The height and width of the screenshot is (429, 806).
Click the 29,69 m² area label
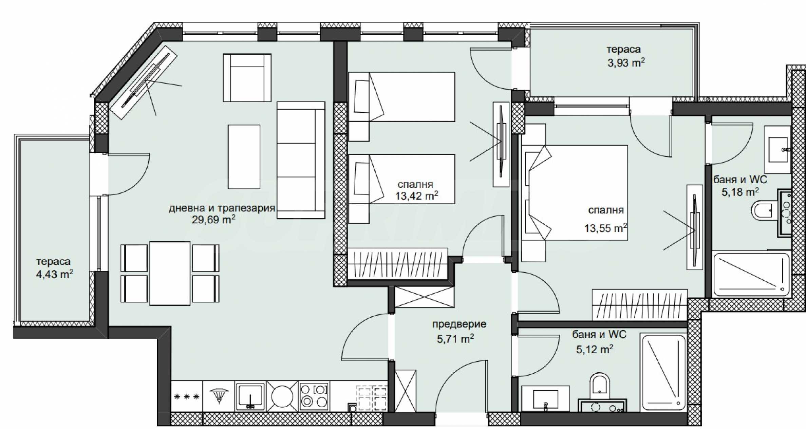[x=213, y=220]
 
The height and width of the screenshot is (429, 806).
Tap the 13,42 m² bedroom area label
[x=416, y=195]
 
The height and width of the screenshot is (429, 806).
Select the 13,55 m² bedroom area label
[x=605, y=228]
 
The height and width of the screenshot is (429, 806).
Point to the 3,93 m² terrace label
[x=626, y=62]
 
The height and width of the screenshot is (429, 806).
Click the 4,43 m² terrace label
[x=55, y=274]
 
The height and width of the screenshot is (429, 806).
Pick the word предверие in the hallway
[x=459, y=324]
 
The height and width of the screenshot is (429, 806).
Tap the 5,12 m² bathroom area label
[x=595, y=349]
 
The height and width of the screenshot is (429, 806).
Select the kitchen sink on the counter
[x=250, y=396]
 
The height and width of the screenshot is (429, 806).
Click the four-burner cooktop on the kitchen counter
[x=314, y=396]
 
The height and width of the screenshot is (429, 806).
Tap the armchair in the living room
[x=247, y=78]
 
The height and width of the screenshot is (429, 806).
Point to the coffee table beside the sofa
[x=244, y=157]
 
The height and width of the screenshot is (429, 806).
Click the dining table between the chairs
[x=170, y=273]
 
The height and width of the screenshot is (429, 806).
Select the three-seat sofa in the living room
[x=301, y=160]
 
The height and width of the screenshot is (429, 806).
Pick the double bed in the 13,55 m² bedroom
[x=575, y=193]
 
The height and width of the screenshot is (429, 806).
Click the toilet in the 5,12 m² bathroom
[x=600, y=386]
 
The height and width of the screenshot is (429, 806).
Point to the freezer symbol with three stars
[x=186, y=396]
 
